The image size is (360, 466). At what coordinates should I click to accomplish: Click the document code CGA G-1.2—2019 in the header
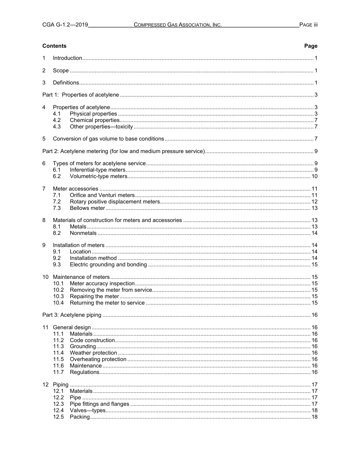[x=65, y=25]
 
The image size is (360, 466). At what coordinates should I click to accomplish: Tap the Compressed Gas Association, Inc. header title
[x=177, y=25]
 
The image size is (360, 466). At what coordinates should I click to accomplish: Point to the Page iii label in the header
[x=308, y=25]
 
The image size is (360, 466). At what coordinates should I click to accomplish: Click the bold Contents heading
[x=54, y=46]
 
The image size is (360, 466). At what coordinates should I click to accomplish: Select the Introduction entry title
[x=67, y=58]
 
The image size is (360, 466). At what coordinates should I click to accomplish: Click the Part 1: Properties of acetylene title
[x=81, y=95]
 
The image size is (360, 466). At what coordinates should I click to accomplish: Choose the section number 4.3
[x=57, y=127]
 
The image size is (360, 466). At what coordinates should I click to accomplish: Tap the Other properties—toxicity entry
[x=101, y=127]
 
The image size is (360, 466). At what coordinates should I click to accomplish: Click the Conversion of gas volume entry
[x=108, y=139]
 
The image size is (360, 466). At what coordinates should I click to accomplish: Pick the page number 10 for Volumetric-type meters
[x=314, y=176]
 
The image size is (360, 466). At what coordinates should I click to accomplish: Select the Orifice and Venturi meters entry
[x=102, y=195]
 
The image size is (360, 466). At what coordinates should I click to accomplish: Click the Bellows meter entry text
[x=87, y=208]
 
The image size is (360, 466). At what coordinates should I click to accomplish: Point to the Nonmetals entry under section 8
[x=83, y=233]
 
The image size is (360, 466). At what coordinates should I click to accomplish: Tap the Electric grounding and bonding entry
[x=108, y=264]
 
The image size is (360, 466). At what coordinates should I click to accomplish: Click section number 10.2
[x=58, y=290]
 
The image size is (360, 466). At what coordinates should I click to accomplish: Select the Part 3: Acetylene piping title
[x=72, y=315]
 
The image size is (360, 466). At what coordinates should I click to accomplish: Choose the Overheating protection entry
[x=98, y=359]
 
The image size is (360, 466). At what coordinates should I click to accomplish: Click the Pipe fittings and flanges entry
[x=99, y=404]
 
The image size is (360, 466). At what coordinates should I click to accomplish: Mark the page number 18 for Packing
[x=314, y=417]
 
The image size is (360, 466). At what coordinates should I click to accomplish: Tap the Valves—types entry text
[x=88, y=410]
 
